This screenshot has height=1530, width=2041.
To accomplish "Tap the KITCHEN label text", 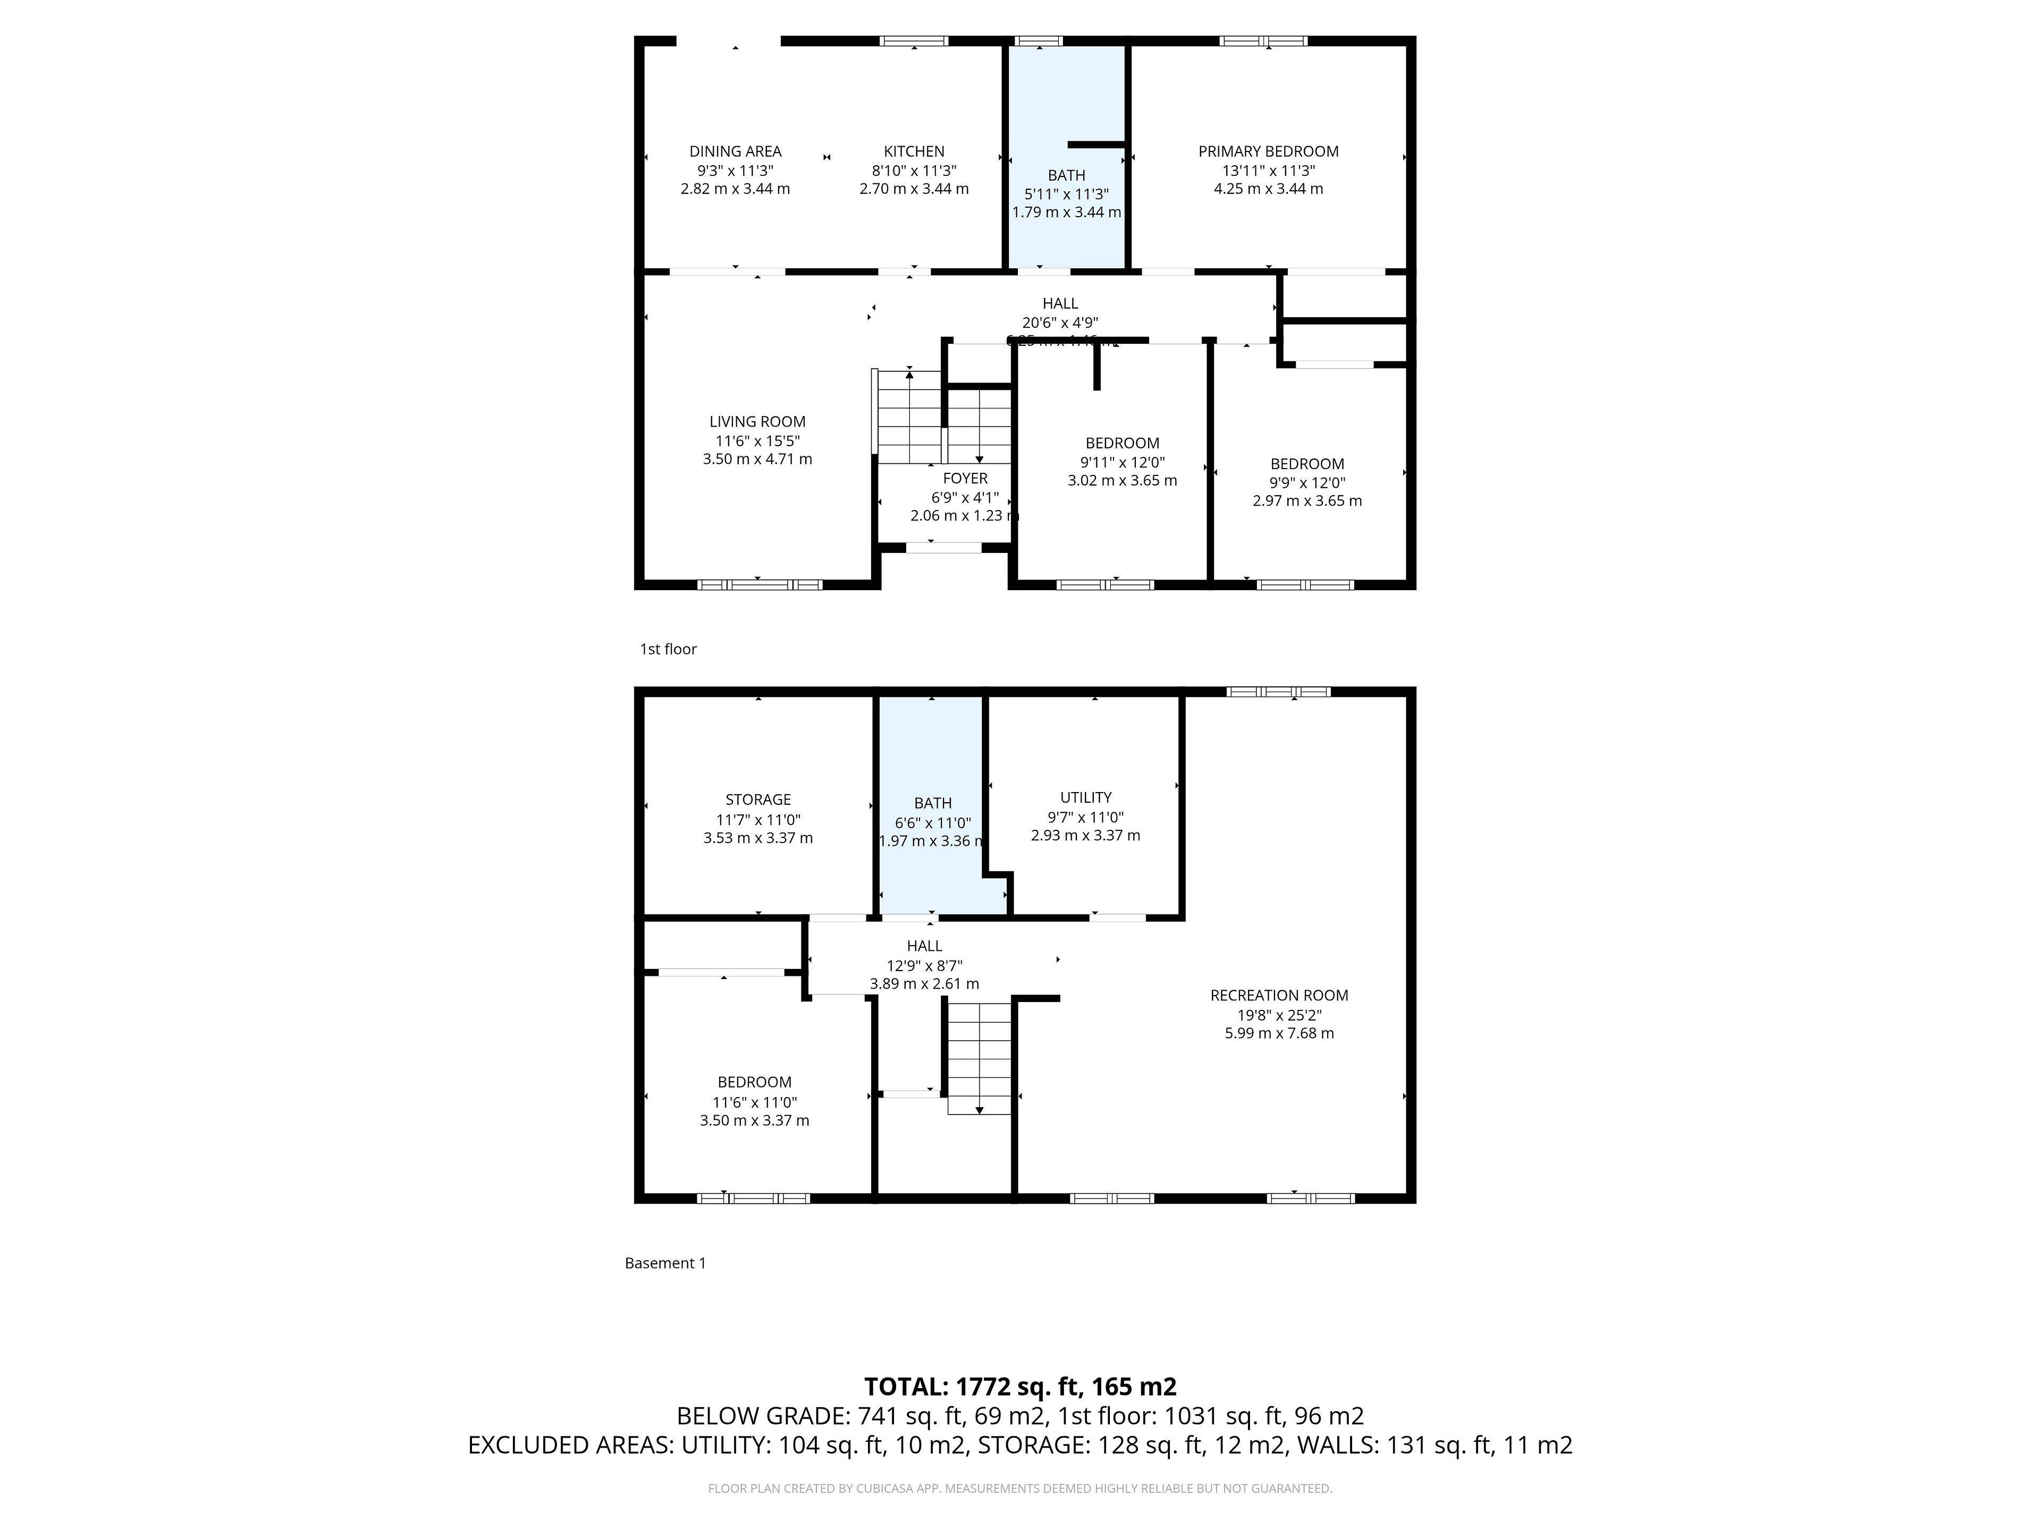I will pyautogui.click(x=914, y=151).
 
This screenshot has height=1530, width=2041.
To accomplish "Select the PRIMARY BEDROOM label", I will pyautogui.click(x=1268, y=151).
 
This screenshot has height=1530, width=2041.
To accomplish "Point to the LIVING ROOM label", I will pyautogui.click(x=757, y=421).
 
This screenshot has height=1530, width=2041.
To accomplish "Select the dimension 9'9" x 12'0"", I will pyautogui.click(x=1306, y=482).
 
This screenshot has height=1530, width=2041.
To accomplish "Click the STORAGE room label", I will pyautogui.click(x=757, y=800).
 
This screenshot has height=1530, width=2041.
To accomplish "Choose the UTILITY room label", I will pyautogui.click(x=1085, y=797).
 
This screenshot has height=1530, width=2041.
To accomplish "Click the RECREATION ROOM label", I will pyautogui.click(x=1279, y=995).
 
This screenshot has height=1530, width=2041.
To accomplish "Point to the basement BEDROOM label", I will pyautogui.click(x=754, y=1082).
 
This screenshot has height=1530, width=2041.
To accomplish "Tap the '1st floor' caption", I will pyautogui.click(x=668, y=649).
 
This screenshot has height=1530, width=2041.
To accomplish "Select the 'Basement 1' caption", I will pyautogui.click(x=664, y=1263).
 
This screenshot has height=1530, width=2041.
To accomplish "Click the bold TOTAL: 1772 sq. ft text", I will pyautogui.click(x=1019, y=1386).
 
